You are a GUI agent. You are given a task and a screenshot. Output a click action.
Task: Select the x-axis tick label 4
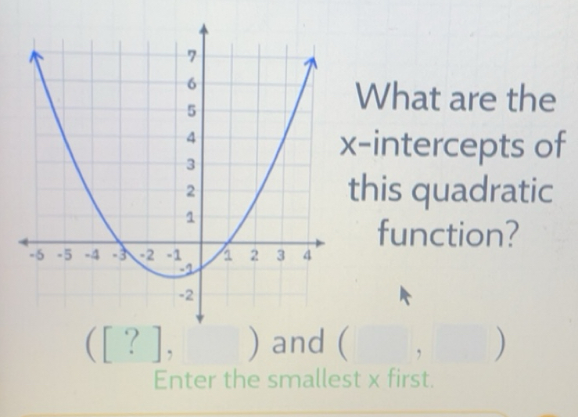[x=308, y=255]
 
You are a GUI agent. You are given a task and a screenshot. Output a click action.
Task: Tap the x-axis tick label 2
[x=254, y=255]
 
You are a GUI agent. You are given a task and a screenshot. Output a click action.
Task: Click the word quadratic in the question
[x=455, y=190]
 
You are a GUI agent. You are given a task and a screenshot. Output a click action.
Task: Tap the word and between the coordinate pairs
[x=298, y=343]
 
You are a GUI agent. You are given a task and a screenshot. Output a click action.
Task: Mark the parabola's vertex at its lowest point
[x=174, y=275]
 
